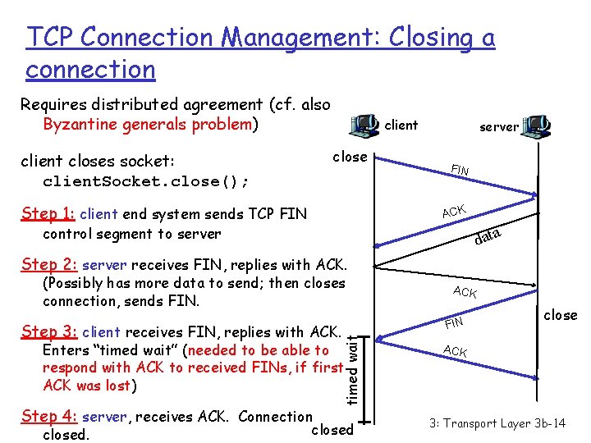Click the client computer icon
click(x=363, y=125)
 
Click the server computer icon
click(x=538, y=126)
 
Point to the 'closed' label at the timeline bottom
click(x=332, y=429)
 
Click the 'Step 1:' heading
click(x=48, y=214)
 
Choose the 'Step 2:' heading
click(x=50, y=264)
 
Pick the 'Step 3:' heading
click(x=50, y=332)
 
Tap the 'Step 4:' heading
click(x=50, y=417)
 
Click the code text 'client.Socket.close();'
click(x=146, y=180)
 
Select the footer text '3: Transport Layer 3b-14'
click(x=497, y=423)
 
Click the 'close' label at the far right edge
click(x=561, y=315)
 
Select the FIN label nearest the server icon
click(x=460, y=170)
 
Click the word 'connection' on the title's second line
click(x=90, y=70)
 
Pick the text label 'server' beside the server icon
click(x=499, y=126)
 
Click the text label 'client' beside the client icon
click(x=401, y=126)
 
